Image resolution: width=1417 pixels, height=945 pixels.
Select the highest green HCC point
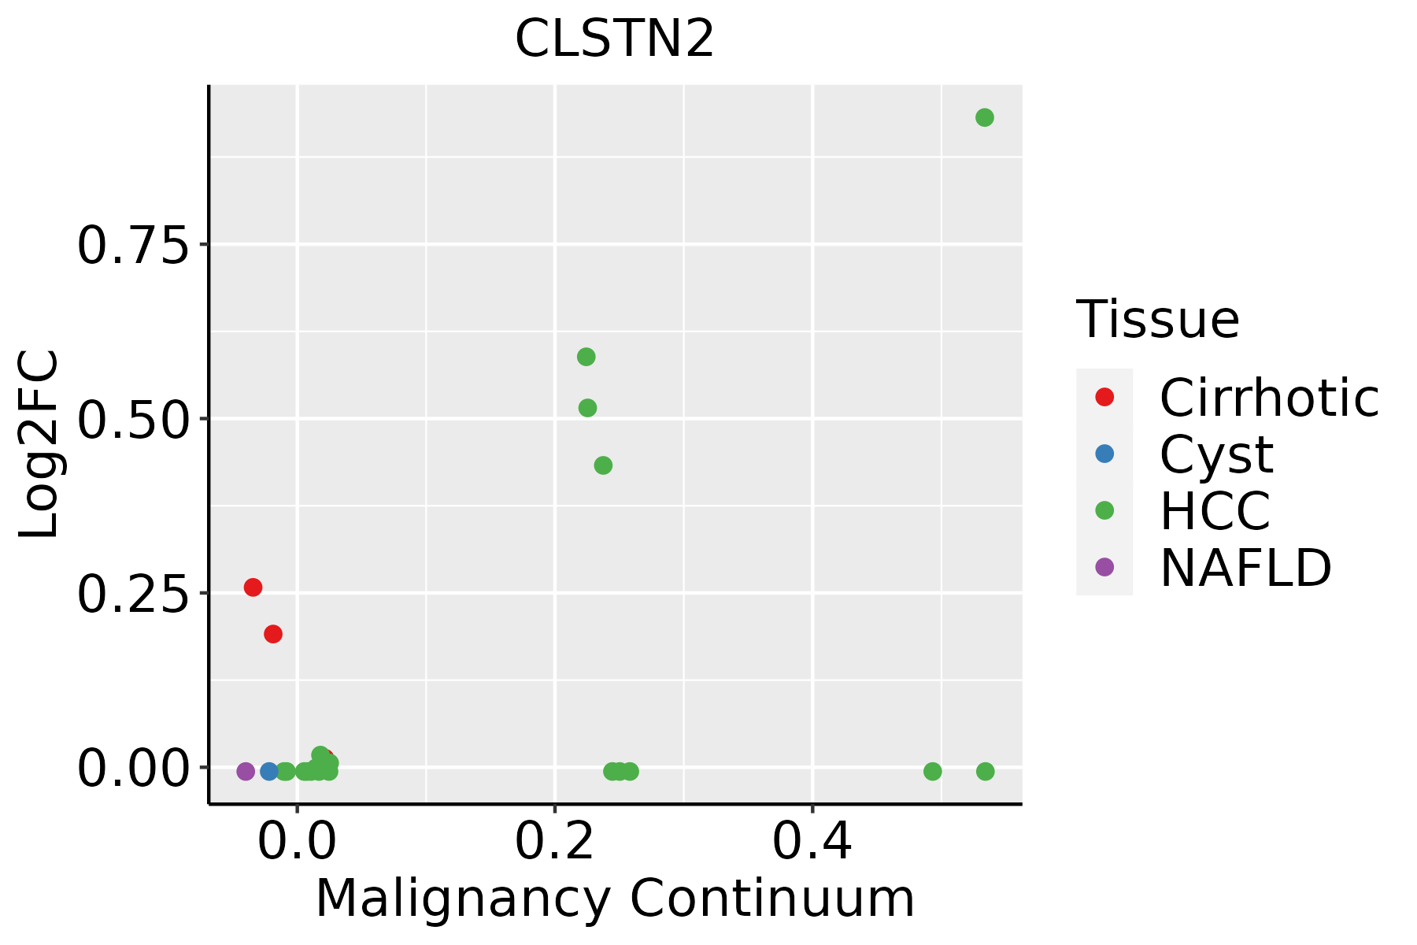(984, 117)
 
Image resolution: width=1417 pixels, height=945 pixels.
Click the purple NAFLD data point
(246, 771)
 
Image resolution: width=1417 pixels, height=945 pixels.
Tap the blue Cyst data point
(269, 771)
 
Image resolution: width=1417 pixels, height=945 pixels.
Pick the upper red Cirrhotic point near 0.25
(253, 587)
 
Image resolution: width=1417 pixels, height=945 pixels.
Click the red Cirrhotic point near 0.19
(273, 634)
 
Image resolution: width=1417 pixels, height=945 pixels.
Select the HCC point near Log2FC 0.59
(586, 357)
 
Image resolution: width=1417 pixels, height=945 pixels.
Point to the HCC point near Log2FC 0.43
(603, 465)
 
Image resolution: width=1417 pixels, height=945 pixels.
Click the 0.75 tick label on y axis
(134, 246)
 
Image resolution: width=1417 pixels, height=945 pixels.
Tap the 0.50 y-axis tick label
(134, 420)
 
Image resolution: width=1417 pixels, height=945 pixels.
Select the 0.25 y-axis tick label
(134, 594)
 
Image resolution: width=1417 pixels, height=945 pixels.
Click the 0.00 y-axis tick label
(134, 769)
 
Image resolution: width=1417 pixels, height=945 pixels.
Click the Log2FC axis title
(39, 445)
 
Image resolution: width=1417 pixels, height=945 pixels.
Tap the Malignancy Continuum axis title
(615, 899)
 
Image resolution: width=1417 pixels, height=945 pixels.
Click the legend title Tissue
(1157, 320)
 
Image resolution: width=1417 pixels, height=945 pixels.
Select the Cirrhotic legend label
(1269, 398)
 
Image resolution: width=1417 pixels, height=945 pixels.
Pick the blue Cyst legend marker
(1104, 454)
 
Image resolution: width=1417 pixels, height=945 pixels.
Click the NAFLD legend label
(1245, 567)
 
